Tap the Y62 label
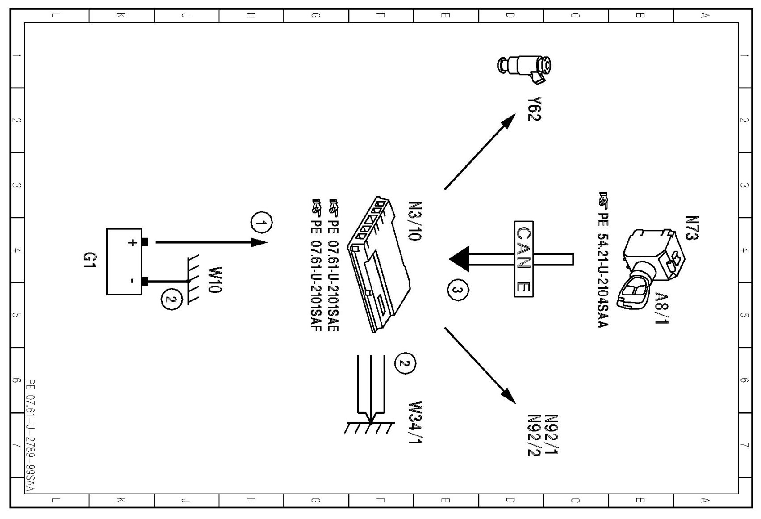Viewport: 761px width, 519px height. (x=534, y=109)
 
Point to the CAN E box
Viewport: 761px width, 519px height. (x=523, y=259)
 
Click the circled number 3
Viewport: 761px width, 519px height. (x=457, y=291)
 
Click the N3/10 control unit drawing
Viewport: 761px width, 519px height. (x=380, y=264)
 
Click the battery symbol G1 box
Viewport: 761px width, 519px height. (x=124, y=262)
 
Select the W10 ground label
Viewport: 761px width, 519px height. (x=215, y=280)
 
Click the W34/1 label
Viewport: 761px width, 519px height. (x=416, y=422)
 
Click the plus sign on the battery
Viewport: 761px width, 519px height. (x=132, y=243)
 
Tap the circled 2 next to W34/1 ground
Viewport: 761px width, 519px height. (x=405, y=363)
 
